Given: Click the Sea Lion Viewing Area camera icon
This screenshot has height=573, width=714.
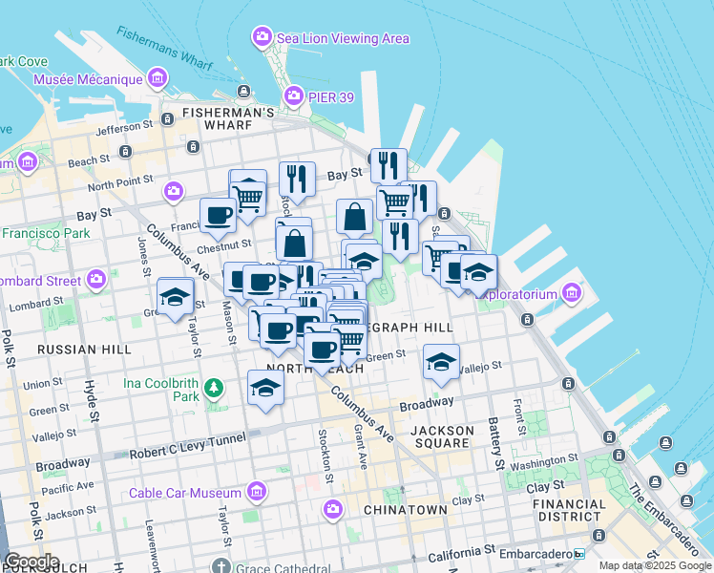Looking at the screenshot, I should click(x=262, y=38).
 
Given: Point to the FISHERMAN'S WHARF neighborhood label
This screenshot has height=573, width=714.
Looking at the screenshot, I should click(x=230, y=113).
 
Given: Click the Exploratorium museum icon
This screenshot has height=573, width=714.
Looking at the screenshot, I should click(x=572, y=291).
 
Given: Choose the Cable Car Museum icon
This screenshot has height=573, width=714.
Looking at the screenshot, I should click(x=256, y=492).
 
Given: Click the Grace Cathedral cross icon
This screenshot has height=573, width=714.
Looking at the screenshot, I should click(x=221, y=565).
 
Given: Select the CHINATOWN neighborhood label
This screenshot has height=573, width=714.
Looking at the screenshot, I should click(x=406, y=510).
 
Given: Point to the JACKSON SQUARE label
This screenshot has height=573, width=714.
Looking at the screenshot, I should click(x=442, y=436).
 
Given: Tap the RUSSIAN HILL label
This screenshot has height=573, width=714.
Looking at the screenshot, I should click(x=84, y=350).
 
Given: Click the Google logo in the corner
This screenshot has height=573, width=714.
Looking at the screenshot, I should click(x=31, y=561).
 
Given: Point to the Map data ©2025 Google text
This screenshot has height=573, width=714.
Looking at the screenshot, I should click(x=654, y=565).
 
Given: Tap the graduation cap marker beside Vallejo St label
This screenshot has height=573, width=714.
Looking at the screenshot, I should click(x=441, y=361).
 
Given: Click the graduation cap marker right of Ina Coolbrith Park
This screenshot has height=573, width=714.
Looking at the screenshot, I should click(x=265, y=387).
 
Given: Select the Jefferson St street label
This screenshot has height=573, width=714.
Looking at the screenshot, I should click(x=125, y=126).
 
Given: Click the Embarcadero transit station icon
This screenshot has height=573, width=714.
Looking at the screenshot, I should click(x=578, y=553).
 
